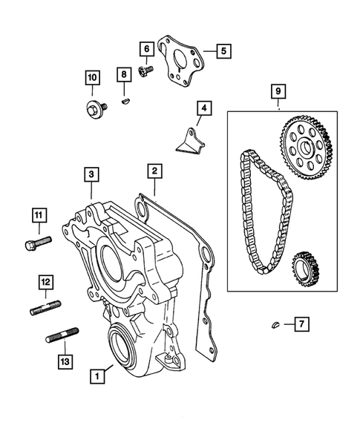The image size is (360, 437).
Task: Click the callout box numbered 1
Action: (x=96, y=377)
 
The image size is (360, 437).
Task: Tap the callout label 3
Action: (x=91, y=174)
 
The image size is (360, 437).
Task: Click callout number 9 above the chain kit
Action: (x=278, y=92)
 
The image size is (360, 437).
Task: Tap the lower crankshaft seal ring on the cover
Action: (x=121, y=345)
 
